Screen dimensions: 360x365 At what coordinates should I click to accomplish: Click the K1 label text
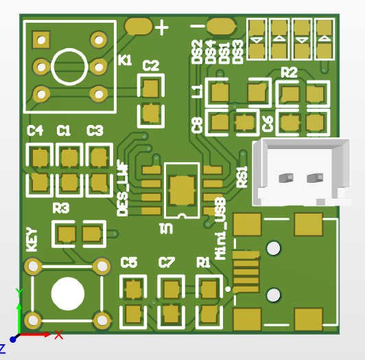[125, 60]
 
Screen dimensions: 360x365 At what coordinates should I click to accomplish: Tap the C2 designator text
[150, 66]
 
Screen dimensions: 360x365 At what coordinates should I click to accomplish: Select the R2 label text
[289, 72]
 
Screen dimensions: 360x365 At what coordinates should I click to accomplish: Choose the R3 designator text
[61, 207]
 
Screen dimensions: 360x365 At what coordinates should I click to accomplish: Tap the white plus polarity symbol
[162, 28]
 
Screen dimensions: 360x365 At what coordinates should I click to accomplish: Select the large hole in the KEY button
[67, 293]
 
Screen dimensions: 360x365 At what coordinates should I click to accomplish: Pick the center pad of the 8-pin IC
[182, 190]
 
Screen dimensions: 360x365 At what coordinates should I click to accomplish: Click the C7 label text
[167, 262]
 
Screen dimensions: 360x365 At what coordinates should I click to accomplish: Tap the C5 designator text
[129, 262]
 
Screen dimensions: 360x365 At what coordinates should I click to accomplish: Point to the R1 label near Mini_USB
[203, 262]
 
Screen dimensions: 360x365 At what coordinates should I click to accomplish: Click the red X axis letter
[59, 335]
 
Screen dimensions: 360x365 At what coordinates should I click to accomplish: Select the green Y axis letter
[19, 293]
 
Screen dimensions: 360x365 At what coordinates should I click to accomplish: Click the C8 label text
[198, 124]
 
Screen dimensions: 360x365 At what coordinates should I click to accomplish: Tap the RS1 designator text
[242, 177]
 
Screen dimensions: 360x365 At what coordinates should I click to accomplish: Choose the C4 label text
[35, 131]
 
